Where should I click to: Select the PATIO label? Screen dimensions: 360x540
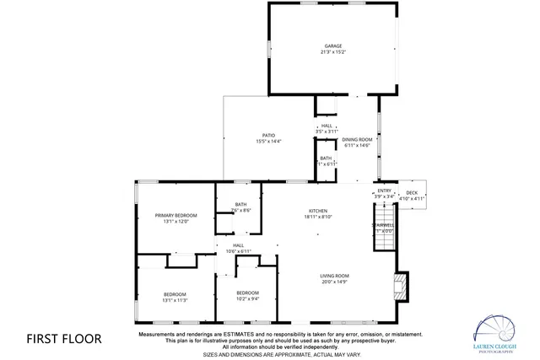click(x=268, y=135)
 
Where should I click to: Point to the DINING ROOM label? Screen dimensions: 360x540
click(x=357, y=139)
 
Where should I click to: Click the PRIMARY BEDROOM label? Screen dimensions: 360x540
click(x=175, y=216)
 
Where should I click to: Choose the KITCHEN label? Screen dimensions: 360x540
click(x=318, y=211)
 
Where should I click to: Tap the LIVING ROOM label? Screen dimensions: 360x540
click(x=334, y=276)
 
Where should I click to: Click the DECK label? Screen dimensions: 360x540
click(x=412, y=192)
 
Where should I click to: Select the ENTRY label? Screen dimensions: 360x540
click(x=385, y=191)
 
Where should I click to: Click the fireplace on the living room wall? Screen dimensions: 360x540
click(x=402, y=287)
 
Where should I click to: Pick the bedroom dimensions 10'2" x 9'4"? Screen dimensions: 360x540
click(x=247, y=298)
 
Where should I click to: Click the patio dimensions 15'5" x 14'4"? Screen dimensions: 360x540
click(x=268, y=142)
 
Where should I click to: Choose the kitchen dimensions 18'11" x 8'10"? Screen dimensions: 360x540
click(x=318, y=218)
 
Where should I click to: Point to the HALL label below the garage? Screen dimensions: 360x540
click(x=327, y=126)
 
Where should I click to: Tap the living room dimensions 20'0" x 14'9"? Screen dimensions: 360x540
click(x=334, y=282)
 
